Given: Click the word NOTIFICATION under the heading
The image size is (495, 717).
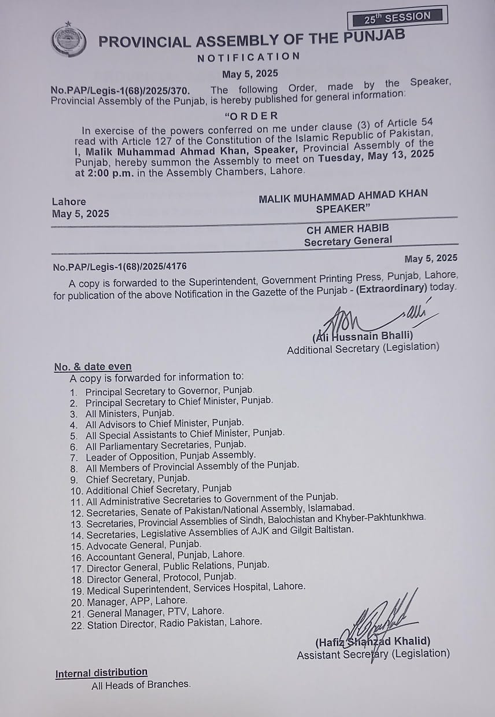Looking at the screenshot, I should tap(249, 57).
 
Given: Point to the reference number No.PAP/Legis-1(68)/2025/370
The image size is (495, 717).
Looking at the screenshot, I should tap(120, 90).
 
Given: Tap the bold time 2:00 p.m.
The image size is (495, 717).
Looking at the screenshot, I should tap(102, 171).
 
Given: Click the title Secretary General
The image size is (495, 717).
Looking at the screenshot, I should tap(348, 241).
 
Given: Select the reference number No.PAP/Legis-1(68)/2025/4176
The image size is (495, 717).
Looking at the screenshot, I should tap(120, 267).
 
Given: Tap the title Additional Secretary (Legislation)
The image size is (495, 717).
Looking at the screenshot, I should tap(363, 348).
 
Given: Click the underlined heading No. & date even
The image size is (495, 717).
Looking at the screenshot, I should tap(93, 367).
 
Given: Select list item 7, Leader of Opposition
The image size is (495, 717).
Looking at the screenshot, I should tap(170, 456).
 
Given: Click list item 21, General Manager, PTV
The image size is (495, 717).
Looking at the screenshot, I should tap(154, 611).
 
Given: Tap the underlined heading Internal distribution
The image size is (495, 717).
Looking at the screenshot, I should tap(101, 672).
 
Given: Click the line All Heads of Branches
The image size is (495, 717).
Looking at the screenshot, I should tap(141, 685).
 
